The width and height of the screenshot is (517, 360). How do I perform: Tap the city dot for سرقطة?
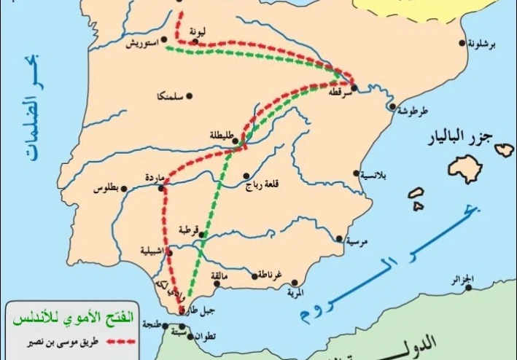353,90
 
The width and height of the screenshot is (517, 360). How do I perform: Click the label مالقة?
220,277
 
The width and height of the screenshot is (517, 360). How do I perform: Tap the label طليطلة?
219,136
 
